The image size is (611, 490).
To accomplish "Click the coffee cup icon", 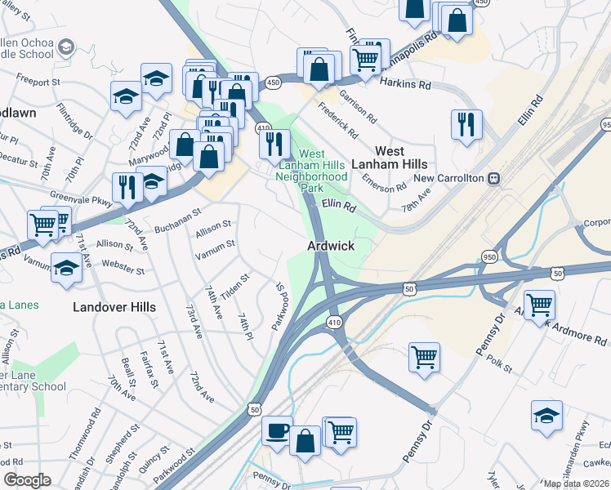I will coord(277,430).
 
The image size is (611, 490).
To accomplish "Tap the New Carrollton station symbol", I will coord(493,178).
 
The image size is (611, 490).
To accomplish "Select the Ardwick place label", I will coord(330,245).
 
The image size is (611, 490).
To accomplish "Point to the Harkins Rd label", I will coord(406,84).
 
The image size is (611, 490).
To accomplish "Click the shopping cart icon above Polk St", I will coord(424,356).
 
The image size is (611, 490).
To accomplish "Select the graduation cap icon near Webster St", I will coord(66,267).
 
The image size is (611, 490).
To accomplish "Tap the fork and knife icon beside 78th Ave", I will coord(466,124).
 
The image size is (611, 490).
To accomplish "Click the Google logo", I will coord(27,480).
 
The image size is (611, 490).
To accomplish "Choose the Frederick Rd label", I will coord(338,119).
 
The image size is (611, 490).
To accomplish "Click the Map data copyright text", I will coord(577,483).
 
